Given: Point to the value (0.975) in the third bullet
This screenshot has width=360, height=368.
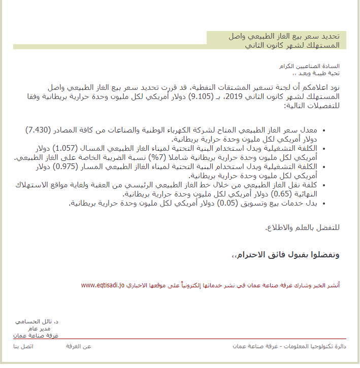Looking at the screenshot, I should (68, 166).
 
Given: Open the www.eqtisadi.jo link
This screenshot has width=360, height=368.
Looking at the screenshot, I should (103, 285).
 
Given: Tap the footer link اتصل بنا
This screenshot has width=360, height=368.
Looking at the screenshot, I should (23, 346).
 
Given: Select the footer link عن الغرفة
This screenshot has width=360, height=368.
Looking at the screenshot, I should (79, 346).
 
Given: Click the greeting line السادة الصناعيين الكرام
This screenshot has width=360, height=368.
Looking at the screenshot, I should (310, 66).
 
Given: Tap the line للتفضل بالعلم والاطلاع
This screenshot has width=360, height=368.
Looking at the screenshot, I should (302, 227).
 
